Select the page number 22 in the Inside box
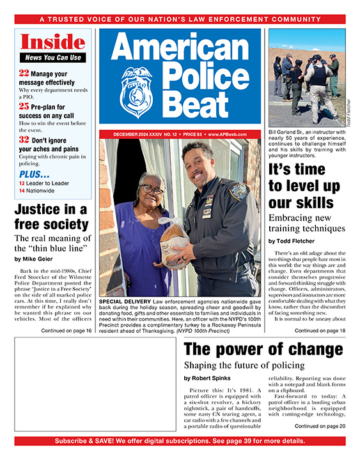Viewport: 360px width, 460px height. (x=24, y=73)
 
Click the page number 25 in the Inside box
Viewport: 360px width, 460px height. (x=24, y=105)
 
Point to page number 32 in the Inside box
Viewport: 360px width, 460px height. (x=24, y=139)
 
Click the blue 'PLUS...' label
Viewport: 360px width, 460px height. (x=34, y=174)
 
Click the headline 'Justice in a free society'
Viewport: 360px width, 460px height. (x=51, y=217)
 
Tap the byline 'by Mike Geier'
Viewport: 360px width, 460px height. (x=37, y=258)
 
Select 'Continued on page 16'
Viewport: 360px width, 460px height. (x=66, y=330)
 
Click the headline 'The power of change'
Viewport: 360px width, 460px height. (x=263, y=349)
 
